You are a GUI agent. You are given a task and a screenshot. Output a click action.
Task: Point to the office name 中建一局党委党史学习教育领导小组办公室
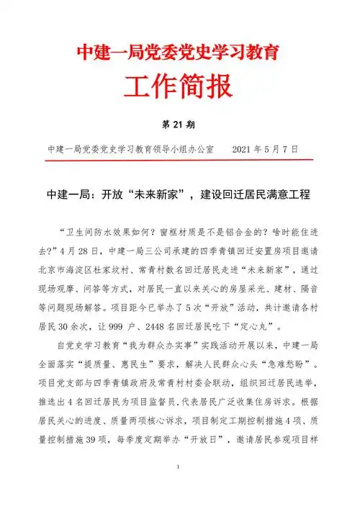[130, 149]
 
